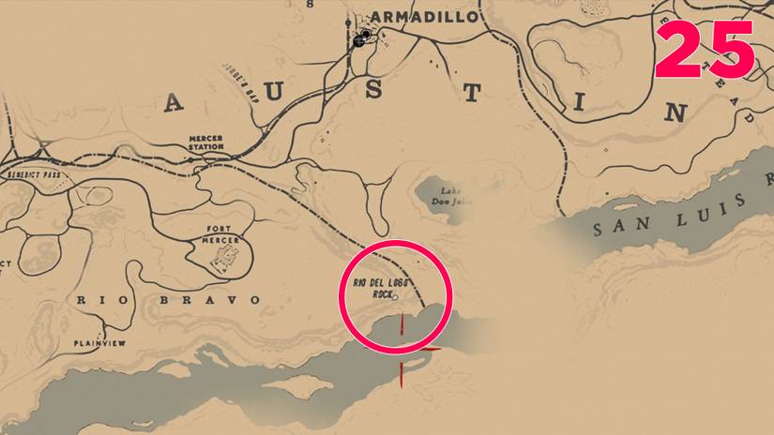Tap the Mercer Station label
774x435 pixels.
(x=205, y=142)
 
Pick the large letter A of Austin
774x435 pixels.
(x=174, y=102)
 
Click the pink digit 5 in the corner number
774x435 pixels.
(x=731, y=51)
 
